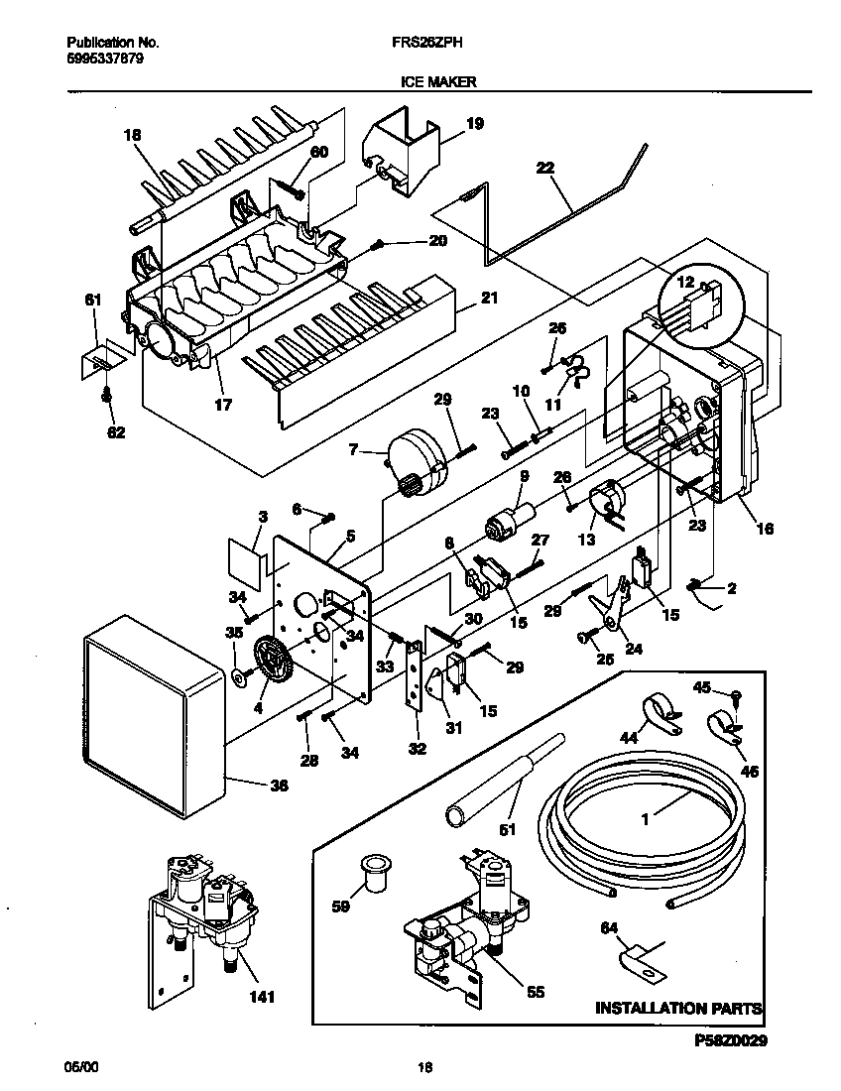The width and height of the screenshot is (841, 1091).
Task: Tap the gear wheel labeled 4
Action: point(270,659)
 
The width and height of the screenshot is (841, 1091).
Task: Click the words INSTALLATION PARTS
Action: point(678,1008)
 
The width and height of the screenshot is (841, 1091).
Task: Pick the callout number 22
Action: point(544,169)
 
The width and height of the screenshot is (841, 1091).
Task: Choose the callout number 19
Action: point(474,124)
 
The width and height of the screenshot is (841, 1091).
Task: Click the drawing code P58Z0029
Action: point(725,1041)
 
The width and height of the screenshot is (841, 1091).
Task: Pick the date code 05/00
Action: point(78,1068)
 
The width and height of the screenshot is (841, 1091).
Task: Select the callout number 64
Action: point(609,927)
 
